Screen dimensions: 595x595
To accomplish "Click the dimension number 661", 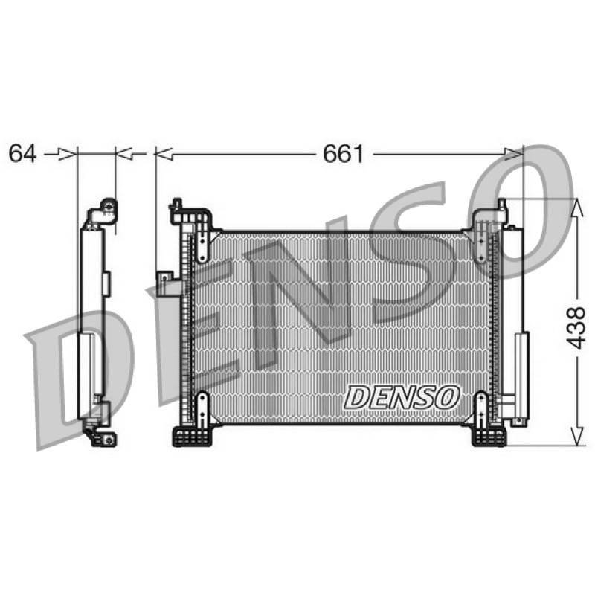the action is [x=343, y=154].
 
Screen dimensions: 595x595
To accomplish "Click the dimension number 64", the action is [x=22, y=154].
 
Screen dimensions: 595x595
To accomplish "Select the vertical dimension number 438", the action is [x=576, y=327].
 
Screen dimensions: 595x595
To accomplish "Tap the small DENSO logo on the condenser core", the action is [x=402, y=397].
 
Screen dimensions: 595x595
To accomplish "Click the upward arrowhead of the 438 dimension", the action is [x=577, y=208].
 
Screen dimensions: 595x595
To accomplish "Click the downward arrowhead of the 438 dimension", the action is [x=577, y=436].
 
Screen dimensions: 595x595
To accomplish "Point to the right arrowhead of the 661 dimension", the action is [x=514, y=154].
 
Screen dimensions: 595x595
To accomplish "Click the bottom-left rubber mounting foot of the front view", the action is [x=192, y=437].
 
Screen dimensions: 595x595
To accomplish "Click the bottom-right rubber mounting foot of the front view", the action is [x=489, y=437].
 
